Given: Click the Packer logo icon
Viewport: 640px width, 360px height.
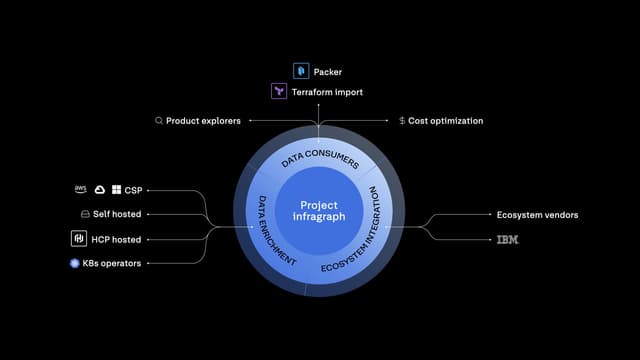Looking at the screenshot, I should [301, 71].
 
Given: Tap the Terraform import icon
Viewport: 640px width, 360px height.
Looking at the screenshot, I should [280, 92].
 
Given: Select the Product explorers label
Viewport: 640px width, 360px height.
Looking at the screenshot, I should [203, 121].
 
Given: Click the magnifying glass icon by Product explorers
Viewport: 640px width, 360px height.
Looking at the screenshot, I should [159, 121].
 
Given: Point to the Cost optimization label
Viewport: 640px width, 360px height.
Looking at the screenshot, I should [446, 121].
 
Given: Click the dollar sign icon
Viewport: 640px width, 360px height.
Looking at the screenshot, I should [402, 121].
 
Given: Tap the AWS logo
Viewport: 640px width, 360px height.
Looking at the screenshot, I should [81, 189].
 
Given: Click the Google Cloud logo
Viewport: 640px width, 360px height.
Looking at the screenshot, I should [99, 189].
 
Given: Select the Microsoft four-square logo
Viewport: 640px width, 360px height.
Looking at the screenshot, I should [116, 189].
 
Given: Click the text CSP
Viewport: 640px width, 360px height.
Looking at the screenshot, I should [133, 189].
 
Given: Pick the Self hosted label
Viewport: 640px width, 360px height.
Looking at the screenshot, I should [118, 214].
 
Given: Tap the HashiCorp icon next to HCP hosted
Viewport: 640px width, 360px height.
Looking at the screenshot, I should [78, 239].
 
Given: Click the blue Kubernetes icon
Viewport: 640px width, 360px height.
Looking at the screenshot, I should [74, 263].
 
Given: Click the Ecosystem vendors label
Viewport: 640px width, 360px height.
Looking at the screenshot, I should [537, 215].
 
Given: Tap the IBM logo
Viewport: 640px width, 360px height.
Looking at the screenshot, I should [508, 240].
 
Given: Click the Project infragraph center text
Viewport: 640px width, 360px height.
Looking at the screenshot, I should [319, 212].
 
